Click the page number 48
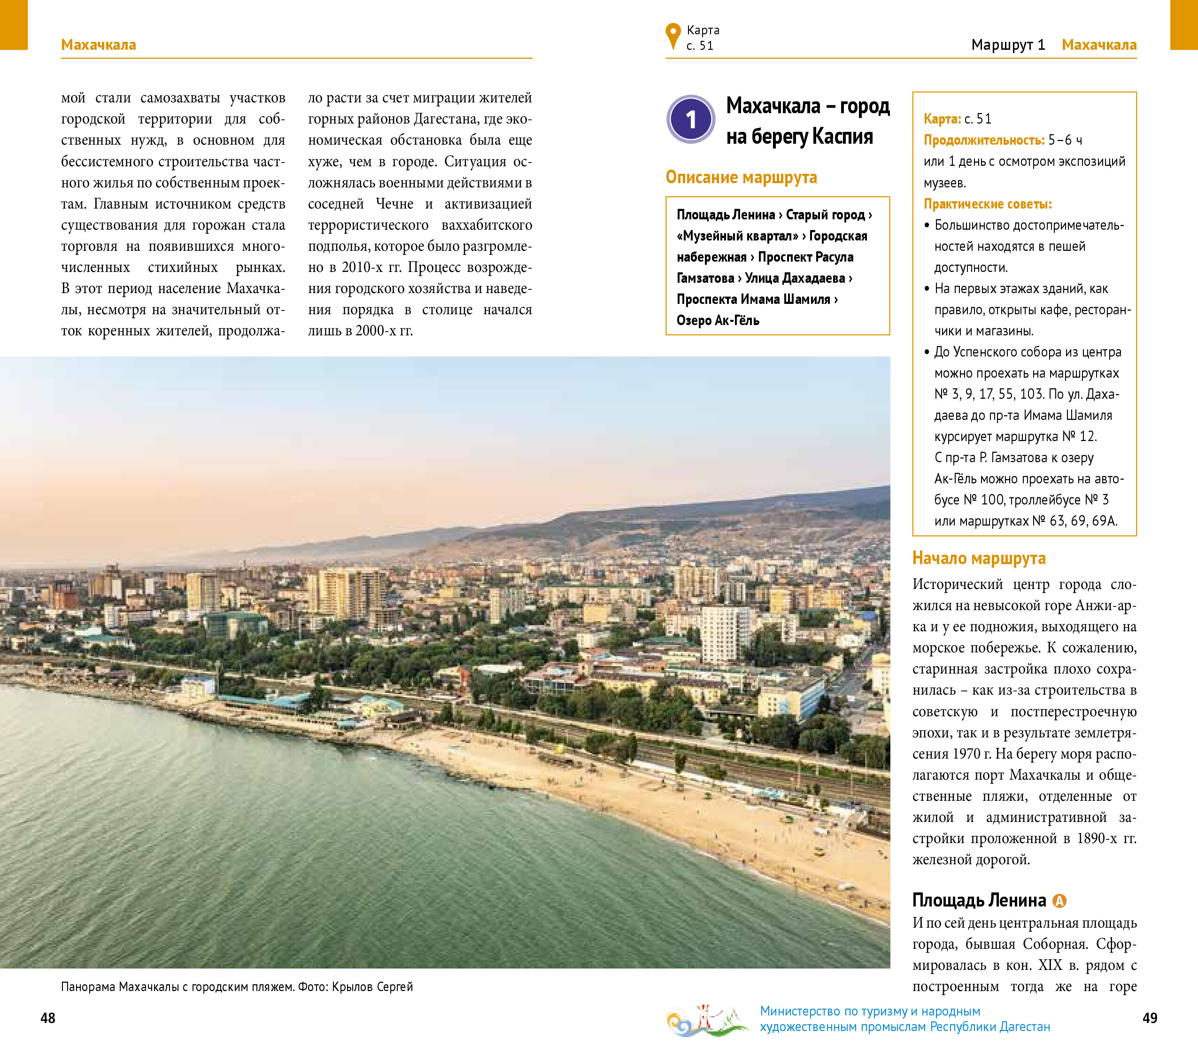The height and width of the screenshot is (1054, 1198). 47,1018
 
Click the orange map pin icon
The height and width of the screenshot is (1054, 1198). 673,36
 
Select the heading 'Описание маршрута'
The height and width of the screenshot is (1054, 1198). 741,177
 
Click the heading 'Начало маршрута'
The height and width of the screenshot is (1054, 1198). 978,558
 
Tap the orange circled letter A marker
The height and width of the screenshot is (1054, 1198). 1059,900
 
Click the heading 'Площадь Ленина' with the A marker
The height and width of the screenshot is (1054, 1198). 979,900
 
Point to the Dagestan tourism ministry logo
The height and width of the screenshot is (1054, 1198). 706,1020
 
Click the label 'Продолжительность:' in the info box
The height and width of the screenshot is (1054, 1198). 983,140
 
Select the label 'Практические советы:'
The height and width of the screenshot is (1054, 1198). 988,204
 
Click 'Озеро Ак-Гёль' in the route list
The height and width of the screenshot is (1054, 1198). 718,320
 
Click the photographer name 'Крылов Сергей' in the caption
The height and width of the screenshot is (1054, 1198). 372,986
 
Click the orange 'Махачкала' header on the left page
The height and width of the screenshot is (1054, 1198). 99,45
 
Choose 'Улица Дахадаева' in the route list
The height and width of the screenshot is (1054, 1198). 795,278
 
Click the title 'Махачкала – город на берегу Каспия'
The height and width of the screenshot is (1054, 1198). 807,121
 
